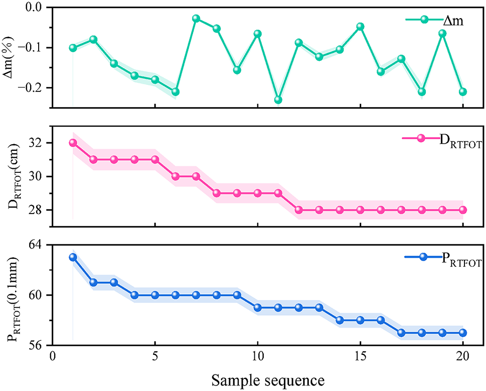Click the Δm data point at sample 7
196,19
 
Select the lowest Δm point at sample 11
278,100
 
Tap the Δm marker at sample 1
73,48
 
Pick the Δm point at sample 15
360,26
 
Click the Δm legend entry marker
424,20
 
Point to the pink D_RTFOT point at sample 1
73,143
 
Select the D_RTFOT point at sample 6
176,176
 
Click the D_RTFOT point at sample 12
298,210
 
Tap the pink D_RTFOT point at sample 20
463,210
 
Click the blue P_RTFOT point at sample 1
73,257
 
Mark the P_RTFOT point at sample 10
257,308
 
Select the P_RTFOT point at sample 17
401,333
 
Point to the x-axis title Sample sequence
264,378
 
